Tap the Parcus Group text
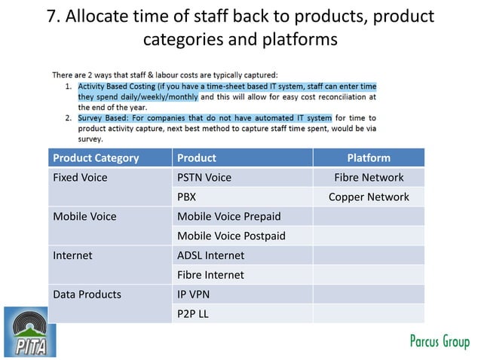coord(439,341)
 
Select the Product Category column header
coord(96,158)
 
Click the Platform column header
coord(369,158)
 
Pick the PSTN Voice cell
coord(204,178)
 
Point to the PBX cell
coord(188,197)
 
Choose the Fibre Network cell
coord(369,178)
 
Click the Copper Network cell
coord(369,197)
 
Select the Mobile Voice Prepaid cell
coord(228,217)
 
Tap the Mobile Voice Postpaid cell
coord(231,236)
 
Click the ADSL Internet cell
coord(211,256)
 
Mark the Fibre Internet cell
coord(211,276)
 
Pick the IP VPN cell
coord(195,294)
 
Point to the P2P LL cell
coord(193,314)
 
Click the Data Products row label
coord(87,294)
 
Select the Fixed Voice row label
coord(80,178)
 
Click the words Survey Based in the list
coord(107,118)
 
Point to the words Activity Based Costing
coord(123,87)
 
